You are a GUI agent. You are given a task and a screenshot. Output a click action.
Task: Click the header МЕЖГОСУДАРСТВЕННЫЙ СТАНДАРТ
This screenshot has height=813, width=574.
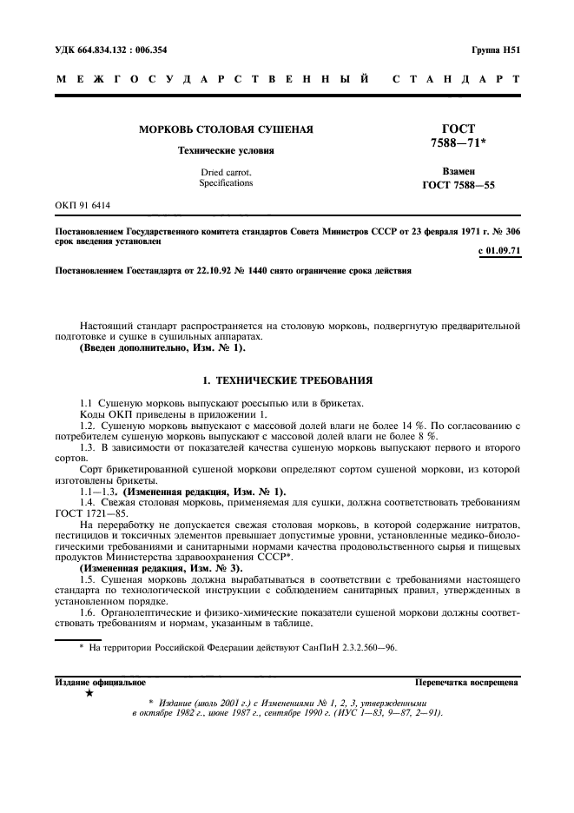click(287, 80)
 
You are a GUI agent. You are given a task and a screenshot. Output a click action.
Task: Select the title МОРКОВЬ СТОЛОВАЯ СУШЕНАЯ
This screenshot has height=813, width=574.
click(227, 129)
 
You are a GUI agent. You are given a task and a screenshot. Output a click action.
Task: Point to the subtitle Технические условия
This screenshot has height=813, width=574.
click(226, 150)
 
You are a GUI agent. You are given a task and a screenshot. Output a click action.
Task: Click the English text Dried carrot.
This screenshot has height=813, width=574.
click(226, 172)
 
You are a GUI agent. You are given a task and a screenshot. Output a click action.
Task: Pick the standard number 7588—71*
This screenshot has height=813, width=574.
click(459, 142)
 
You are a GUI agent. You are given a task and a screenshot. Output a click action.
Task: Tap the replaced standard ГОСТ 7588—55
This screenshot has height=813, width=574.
click(459, 185)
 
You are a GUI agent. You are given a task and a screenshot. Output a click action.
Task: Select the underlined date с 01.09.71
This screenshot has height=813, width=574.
click(498, 252)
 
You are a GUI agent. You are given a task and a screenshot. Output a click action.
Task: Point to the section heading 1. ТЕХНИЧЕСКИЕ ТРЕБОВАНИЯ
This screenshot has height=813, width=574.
click(287, 380)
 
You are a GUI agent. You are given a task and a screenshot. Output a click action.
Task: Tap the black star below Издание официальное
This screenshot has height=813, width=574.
click(88, 694)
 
